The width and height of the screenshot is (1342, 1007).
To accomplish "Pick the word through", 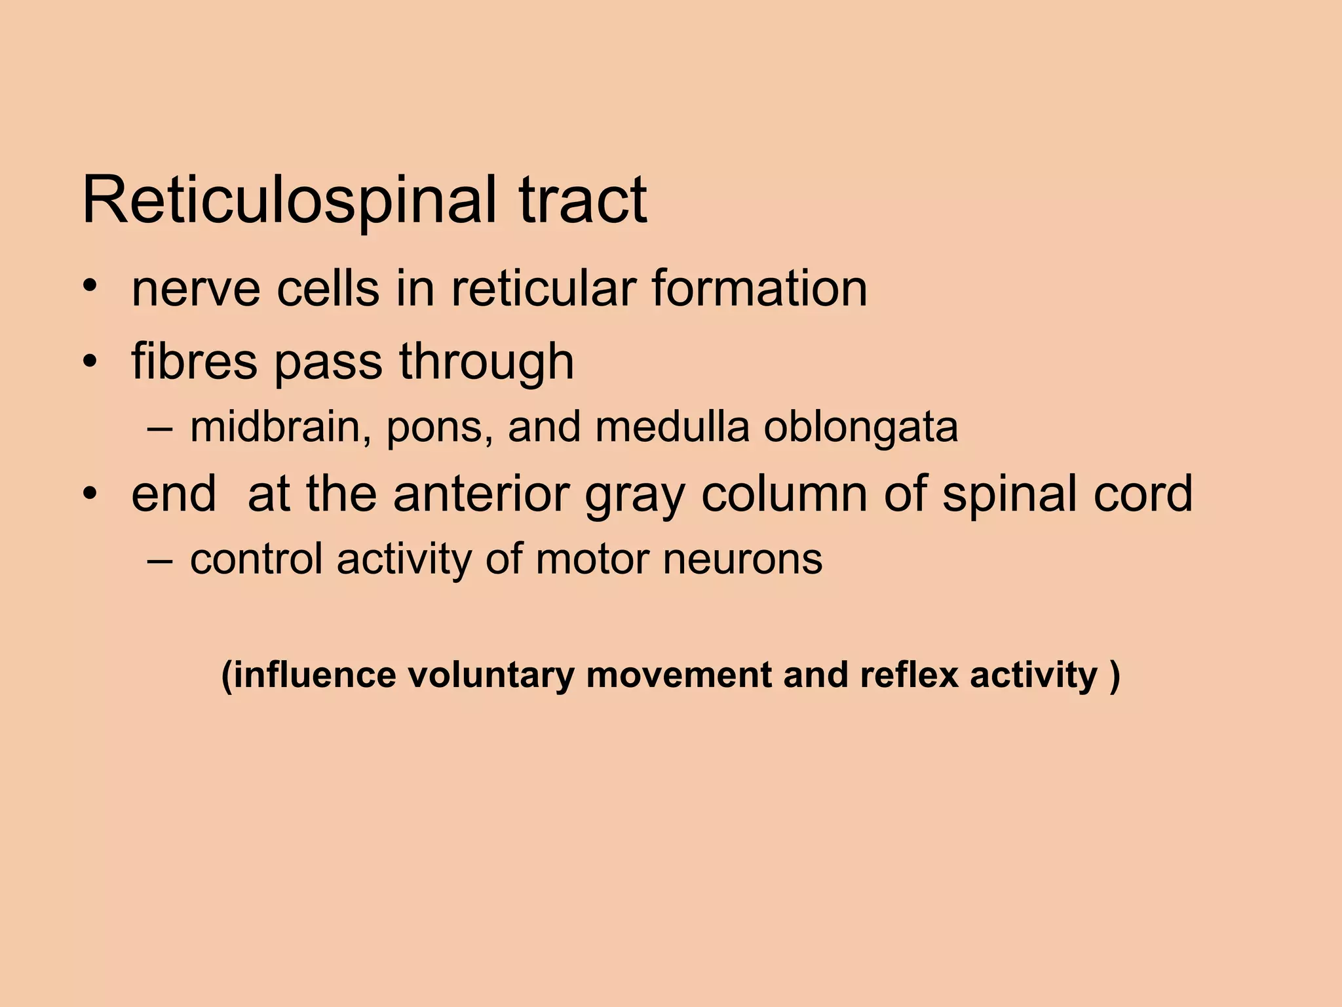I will pos(486,362).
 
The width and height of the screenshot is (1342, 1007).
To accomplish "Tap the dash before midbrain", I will pos(160,428).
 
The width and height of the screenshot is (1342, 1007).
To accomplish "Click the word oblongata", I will pos(860,428).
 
